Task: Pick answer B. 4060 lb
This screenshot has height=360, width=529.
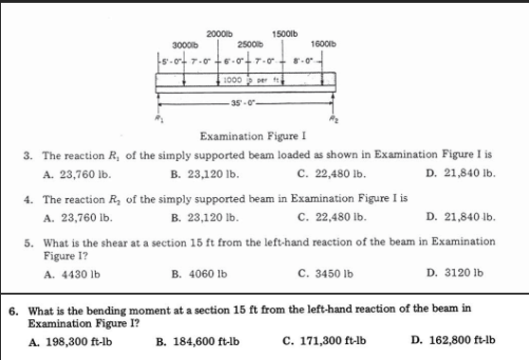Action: tap(196, 274)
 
